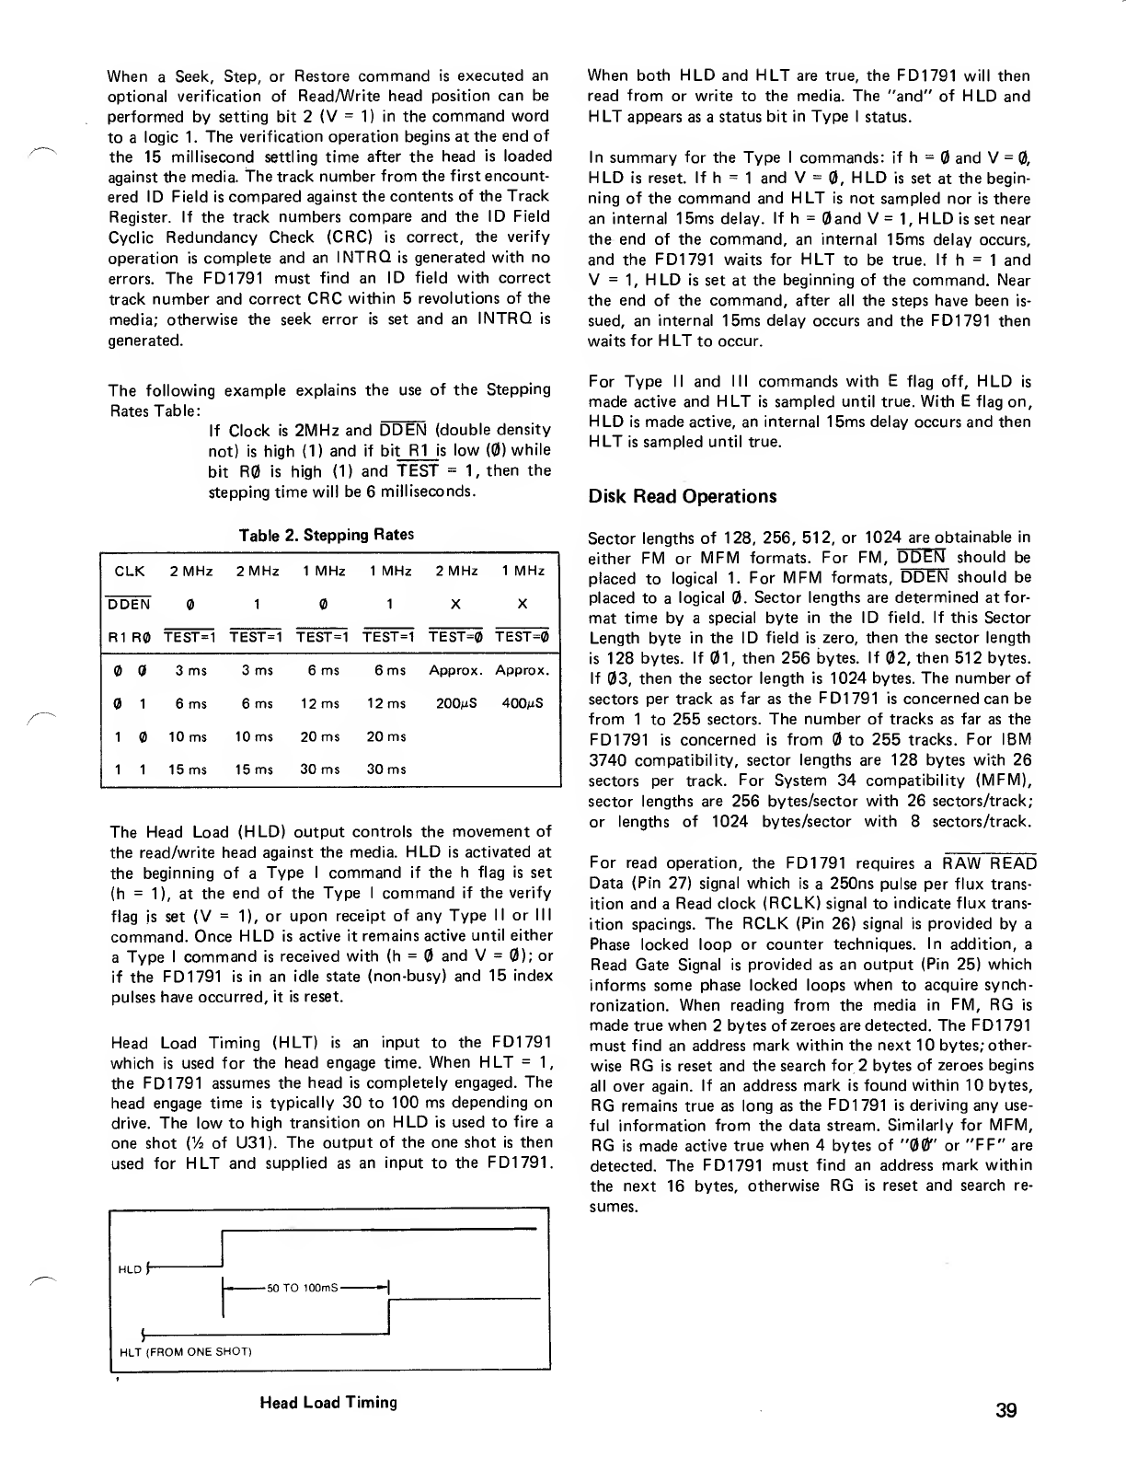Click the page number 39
pos(1005,1410)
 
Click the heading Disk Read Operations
pos(682,497)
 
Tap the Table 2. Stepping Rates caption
pos(326,535)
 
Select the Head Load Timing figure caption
pos(328,1403)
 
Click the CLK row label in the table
pos(129,571)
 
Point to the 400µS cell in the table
pos(522,703)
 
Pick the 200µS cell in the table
pos(455,703)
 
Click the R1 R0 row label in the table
pos(129,636)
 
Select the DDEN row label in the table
pos(129,604)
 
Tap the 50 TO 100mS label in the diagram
pos(302,1287)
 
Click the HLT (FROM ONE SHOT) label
pos(186,1352)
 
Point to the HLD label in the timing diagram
pos(130,1270)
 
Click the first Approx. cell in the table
pos(455,671)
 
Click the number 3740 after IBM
pos(607,760)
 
